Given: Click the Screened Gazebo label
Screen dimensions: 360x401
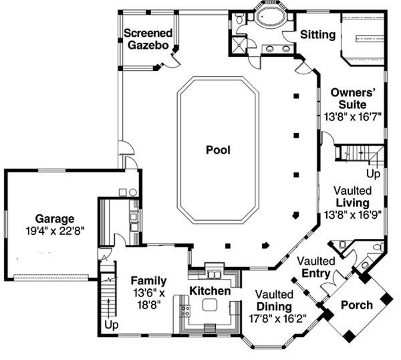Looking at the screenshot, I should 148,39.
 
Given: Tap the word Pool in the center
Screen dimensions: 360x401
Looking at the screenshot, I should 218,151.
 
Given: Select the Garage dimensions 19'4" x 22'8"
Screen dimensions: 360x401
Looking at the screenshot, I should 55,231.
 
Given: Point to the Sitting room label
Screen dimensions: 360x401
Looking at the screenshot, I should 317,35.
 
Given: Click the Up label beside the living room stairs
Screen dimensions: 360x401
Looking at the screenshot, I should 373,175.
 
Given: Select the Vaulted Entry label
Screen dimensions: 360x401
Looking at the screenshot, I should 315,266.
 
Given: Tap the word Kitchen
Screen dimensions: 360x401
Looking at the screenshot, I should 210,292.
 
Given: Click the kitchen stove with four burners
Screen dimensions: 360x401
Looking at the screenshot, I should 185,310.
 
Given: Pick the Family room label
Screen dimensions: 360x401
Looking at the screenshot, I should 148,280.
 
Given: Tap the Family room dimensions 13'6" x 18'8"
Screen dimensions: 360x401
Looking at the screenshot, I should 148,298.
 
